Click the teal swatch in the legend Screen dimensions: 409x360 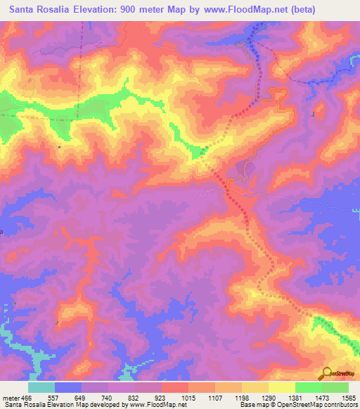coord(41,387)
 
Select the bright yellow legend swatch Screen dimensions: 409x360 coord(281,387)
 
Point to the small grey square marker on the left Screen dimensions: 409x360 coord(60,147)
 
